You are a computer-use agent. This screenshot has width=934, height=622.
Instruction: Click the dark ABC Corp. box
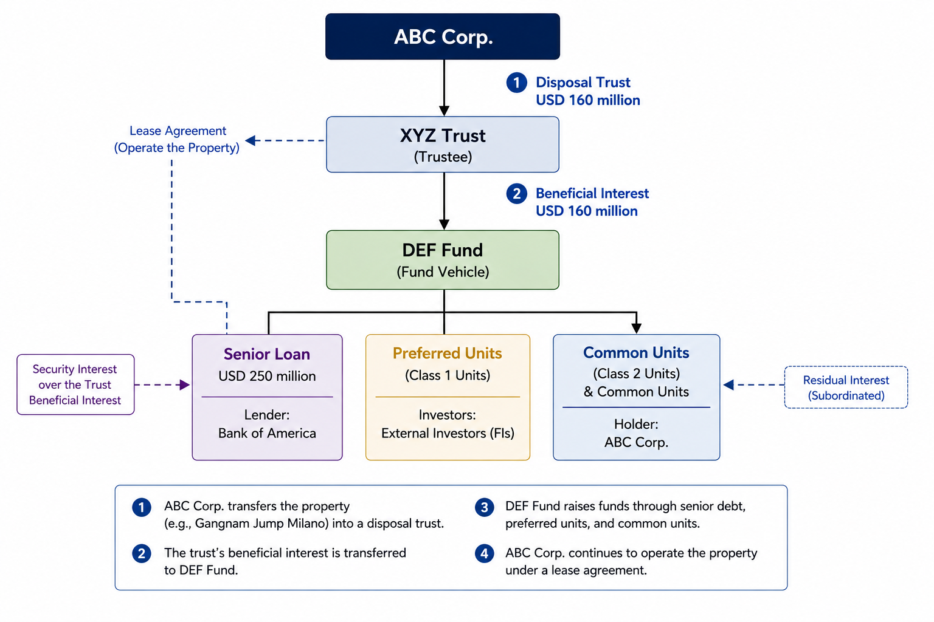click(x=443, y=36)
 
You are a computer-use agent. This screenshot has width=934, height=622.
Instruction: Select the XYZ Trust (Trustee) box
click(x=443, y=144)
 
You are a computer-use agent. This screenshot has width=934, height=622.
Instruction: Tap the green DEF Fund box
click(x=443, y=259)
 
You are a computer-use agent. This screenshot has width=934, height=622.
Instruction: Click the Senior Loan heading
click(x=267, y=354)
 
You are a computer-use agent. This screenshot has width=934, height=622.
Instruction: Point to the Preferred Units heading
click(x=448, y=354)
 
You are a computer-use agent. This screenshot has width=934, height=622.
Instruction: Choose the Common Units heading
click(x=636, y=352)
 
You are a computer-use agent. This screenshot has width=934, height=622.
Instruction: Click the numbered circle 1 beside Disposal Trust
click(x=517, y=83)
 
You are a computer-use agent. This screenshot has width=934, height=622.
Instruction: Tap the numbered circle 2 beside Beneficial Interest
click(x=517, y=194)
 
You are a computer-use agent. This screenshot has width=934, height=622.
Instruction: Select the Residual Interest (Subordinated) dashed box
click(x=846, y=387)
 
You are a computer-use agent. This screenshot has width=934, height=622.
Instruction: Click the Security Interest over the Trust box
click(x=75, y=384)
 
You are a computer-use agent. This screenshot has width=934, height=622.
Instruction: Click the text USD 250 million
click(x=267, y=376)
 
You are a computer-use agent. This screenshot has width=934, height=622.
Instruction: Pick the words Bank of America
click(x=267, y=433)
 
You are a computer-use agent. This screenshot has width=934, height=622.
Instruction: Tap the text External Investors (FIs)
click(x=448, y=433)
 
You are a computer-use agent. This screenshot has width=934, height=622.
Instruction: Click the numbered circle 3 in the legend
click(x=484, y=507)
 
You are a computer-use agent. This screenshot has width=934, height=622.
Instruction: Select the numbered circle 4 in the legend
click(x=484, y=554)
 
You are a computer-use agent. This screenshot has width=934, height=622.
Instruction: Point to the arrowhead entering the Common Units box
click(x=636, y=329)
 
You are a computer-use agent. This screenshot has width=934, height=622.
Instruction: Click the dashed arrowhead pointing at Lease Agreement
click(x=250, y=140)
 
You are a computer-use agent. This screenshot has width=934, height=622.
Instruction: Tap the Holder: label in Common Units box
click(x=636, y=424)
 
